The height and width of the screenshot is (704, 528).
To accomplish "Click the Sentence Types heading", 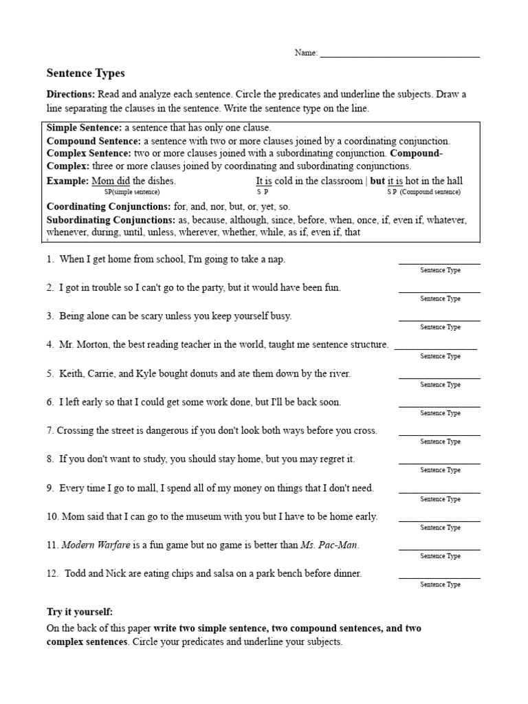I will point(85,73).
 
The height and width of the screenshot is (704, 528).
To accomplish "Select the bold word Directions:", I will point(71,93).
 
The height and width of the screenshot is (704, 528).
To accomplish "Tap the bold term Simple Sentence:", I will point(84,128).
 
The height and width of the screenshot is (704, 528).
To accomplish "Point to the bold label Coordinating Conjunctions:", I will point(109,206).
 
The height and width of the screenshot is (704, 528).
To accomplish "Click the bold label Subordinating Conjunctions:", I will point(111,220).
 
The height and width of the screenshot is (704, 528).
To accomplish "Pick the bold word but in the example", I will point(377,181).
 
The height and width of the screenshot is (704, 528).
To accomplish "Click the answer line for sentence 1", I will point(439,263).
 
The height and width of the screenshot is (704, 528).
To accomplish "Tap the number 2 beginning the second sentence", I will point(49,287).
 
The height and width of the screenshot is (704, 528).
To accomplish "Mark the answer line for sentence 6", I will point(439,406).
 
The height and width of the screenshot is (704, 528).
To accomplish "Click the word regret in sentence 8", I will point(324,459).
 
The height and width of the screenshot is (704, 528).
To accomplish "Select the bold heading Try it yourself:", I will point(79,611).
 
